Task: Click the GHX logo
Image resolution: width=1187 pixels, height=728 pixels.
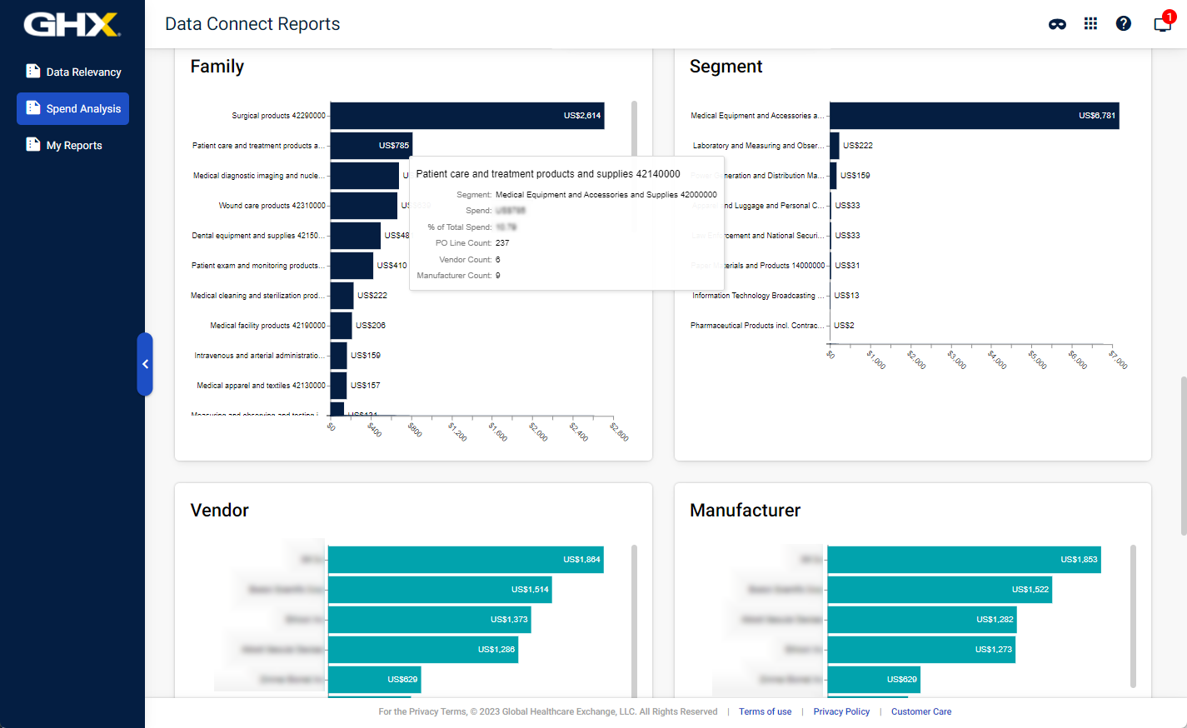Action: point(72,24)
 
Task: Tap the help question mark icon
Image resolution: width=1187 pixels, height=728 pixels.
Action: point(1123,23)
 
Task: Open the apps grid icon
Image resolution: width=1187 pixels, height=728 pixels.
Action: point(1090,23)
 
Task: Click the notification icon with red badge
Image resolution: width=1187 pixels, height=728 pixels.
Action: point(1162,23)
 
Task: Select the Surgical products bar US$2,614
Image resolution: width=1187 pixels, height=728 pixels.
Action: point(466,116)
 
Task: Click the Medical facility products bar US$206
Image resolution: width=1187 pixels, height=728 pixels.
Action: point(341,326)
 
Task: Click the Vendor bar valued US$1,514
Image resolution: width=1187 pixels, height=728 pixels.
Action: point(440,590)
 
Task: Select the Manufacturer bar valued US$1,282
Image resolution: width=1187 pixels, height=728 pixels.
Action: point(921,620)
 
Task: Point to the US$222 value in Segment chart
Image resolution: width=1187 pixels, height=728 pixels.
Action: point(857,146)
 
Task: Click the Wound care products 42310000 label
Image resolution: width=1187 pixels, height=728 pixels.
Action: point(272,206)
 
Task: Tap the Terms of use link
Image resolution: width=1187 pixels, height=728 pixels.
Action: point(765,712)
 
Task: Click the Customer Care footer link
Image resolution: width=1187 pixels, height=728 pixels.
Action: point(920,712)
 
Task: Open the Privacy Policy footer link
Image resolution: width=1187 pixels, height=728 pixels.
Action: point(841,712)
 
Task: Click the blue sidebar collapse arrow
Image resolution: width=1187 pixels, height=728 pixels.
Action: point(145,364)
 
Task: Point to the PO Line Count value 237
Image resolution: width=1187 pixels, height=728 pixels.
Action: point(502,243)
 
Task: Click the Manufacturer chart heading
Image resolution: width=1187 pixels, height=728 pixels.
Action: point(745,511)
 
